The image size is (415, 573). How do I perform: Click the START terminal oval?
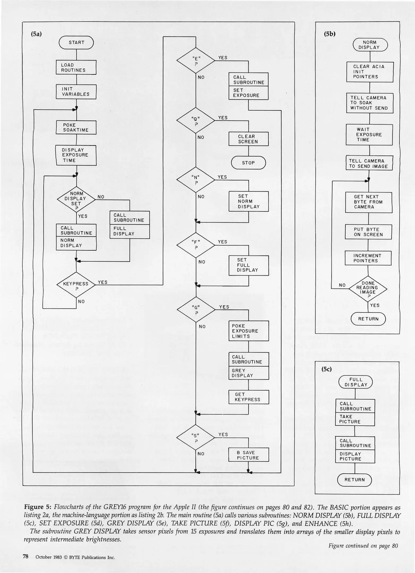click(76, 43)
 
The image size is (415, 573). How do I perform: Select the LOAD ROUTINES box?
click(76, 67)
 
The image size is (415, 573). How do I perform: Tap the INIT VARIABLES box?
click(76, 92)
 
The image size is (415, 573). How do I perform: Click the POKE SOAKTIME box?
click(76, 128)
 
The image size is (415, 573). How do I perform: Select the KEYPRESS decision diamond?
click(76, 284)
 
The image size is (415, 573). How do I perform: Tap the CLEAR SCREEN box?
click(248, 139)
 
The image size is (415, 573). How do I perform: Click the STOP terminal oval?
click(248, 163)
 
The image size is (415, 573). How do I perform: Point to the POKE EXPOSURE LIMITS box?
click(248, 331)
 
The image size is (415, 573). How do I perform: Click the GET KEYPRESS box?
click(248, 397)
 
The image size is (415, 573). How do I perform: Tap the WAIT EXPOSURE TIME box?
click(369, 135)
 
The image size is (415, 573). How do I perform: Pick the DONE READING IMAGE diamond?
click(368, 288)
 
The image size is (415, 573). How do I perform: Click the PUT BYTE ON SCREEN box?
click(368, 232)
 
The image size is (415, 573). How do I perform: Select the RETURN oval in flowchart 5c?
click(354, 480)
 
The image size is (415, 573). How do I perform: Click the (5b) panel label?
click(330, 34)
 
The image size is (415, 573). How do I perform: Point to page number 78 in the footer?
click(26, 557)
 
